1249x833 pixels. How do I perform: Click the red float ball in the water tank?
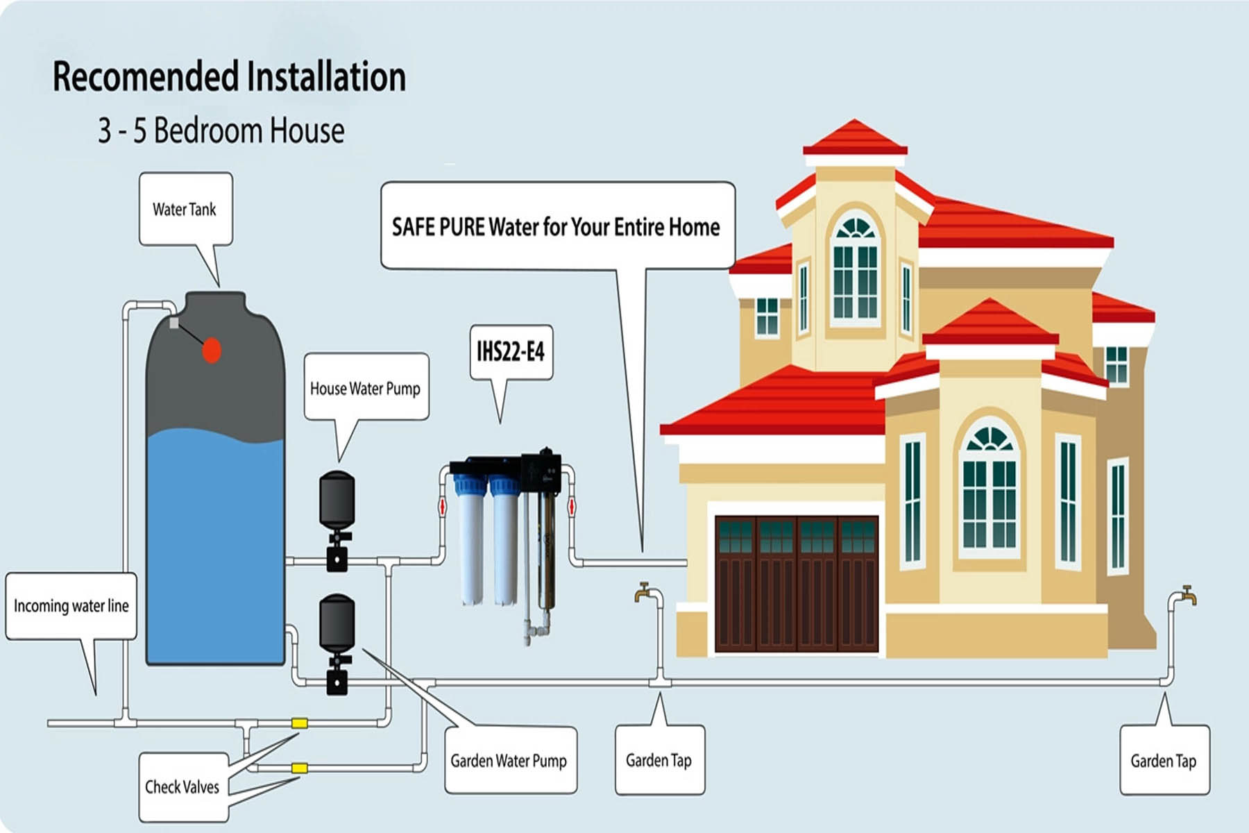pos(212,351)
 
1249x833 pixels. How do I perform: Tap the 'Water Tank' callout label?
pos(185,209)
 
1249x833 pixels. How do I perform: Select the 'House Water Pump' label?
pos(365,388)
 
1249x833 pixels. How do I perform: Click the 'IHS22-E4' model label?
pos(511,352)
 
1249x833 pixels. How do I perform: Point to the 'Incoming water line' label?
pos(71,605)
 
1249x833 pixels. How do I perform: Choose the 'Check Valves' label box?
pos(182,786)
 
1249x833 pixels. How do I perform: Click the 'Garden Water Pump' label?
pos(509,760)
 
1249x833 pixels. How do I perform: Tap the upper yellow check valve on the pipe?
pos(299,723)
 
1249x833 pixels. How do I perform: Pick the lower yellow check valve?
pos(299,768)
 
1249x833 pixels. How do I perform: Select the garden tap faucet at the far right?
pos(1187,595)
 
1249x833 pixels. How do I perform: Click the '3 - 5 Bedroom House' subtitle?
pos(221,131)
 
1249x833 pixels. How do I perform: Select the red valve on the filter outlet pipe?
pos(572,506)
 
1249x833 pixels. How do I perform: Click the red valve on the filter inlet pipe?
pos(443,506)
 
